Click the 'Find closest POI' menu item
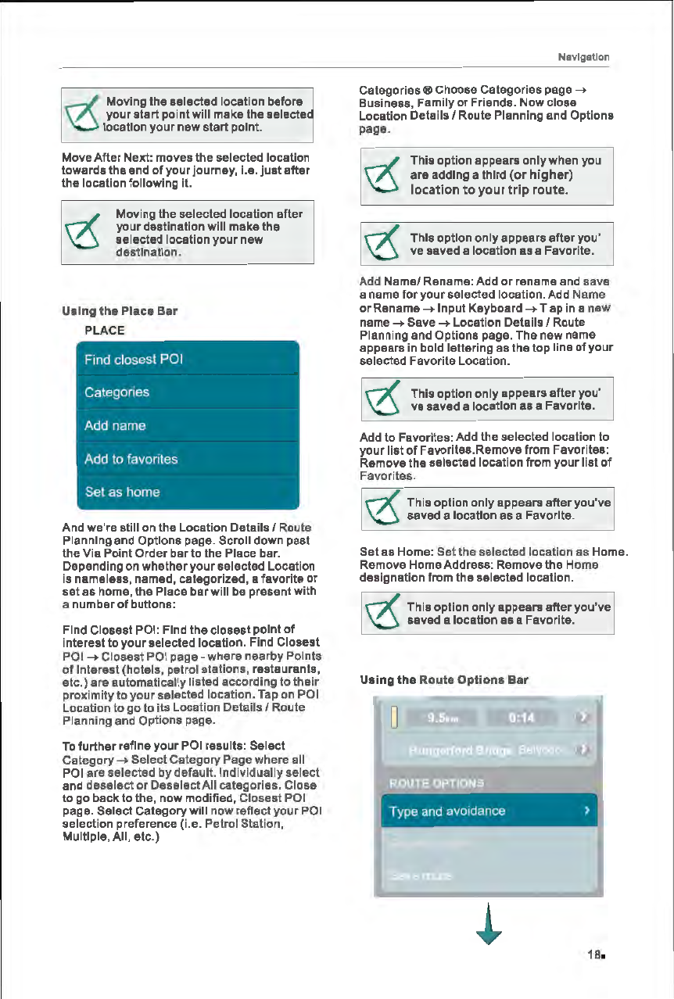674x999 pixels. tap(191, 360)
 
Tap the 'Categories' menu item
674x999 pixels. tap(191, 392)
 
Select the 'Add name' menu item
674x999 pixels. tap(191, 426)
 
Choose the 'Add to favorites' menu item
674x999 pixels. tap(191, 459)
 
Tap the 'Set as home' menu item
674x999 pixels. tap(191, 492)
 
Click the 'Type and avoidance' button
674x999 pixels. tap(489, 811)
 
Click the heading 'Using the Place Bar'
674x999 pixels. tap(120, 311)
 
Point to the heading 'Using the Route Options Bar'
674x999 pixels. tap(432, 680)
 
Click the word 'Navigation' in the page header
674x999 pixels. tap(583, 57)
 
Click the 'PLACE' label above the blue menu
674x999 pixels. tap(104, 330)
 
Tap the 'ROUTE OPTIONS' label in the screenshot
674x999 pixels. tap(436, 783)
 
